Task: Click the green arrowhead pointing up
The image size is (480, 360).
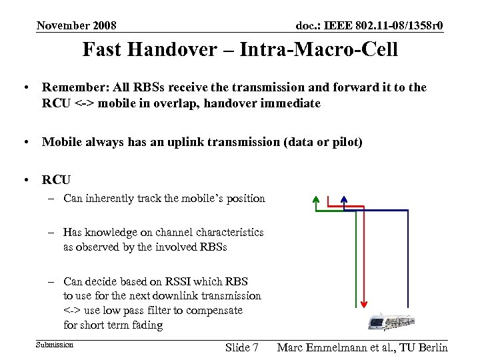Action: [315, 199]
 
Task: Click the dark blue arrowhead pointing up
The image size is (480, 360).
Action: [344, 199]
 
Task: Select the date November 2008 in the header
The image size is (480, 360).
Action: [77, 26]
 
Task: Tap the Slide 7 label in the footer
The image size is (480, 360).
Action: [243, 347]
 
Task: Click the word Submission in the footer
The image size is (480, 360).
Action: [55, 345]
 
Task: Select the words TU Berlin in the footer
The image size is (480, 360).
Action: [423, 347]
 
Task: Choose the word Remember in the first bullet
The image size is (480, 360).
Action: [73, 87]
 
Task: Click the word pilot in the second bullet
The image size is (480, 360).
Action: [343, 142]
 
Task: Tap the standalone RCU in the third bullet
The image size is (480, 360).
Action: [56, 180]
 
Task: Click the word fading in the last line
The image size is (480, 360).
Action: [147, 325]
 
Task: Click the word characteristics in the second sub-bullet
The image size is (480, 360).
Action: [223, 233]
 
